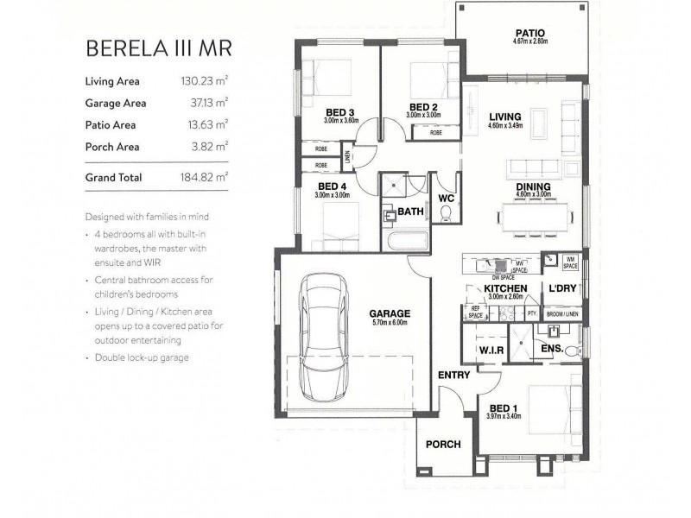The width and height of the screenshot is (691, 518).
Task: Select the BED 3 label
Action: (339, 112)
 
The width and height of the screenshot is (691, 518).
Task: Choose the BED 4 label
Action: (332, 186)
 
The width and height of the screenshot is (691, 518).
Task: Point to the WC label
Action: (447, 198)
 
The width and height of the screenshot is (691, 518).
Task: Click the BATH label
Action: (411, 210)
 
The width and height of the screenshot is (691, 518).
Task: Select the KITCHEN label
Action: (506, 287)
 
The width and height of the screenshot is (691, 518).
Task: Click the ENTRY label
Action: (453, 375)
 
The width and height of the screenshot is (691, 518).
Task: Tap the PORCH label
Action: (442, 445)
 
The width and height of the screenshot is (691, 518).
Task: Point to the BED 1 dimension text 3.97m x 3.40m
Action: (505, 416)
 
